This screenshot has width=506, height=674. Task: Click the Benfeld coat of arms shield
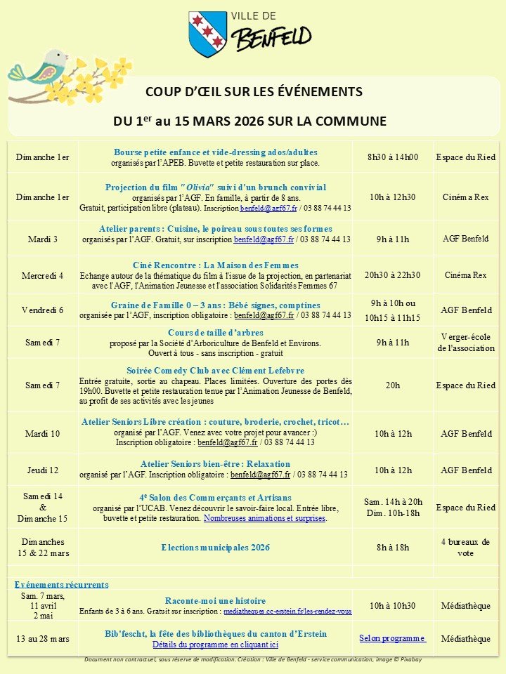[x=207, y=34]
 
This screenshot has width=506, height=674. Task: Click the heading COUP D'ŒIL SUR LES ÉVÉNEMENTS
[x=254, y=92]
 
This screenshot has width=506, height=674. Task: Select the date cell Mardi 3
[x=43, y=239]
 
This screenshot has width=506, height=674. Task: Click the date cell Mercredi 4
[x=43, y=275]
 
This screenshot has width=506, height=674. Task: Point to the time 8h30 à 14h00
[x=393, y=157]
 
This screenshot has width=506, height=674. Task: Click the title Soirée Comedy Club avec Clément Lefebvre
[x=215, y=370]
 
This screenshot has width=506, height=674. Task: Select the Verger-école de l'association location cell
[x=467, y=343]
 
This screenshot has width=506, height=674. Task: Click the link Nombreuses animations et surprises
[x=265, y=518]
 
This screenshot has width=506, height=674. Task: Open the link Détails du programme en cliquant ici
[x=215, y=644]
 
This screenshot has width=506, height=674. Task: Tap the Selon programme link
[x=392, y=638]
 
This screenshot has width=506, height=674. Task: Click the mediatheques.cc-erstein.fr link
[x=287, y=612]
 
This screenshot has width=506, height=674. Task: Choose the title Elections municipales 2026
[x=215, y=548]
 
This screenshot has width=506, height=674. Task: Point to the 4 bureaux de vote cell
[x=467, y=548]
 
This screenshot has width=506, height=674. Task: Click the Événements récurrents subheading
[x=62, y=584]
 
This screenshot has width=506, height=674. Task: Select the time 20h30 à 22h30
[x=393, y=275]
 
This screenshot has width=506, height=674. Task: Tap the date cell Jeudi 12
[x=43, y=470]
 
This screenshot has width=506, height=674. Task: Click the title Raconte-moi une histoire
[x=215, y=601]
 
